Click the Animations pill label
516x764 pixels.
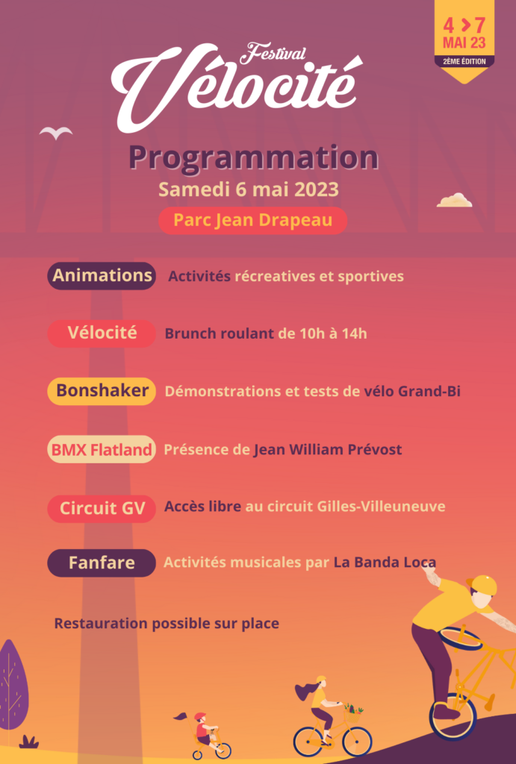click(102, 276)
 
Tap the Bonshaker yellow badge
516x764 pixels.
click(102, 391)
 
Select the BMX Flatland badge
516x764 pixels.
click(102, 449)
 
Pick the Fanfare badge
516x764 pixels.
click(102, 563)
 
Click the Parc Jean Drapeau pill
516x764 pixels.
click(252, 221)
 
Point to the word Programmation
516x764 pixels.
click(254, 158)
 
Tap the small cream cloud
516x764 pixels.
click(455, 200)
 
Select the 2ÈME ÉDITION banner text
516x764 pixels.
click(464, 62)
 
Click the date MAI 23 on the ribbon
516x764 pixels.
click(464, 43)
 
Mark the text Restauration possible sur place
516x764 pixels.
click(167, 624)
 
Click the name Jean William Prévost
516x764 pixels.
click(327, 449)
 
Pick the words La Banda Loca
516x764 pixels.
click(385, 563)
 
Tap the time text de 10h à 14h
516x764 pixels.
click(322, 334)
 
